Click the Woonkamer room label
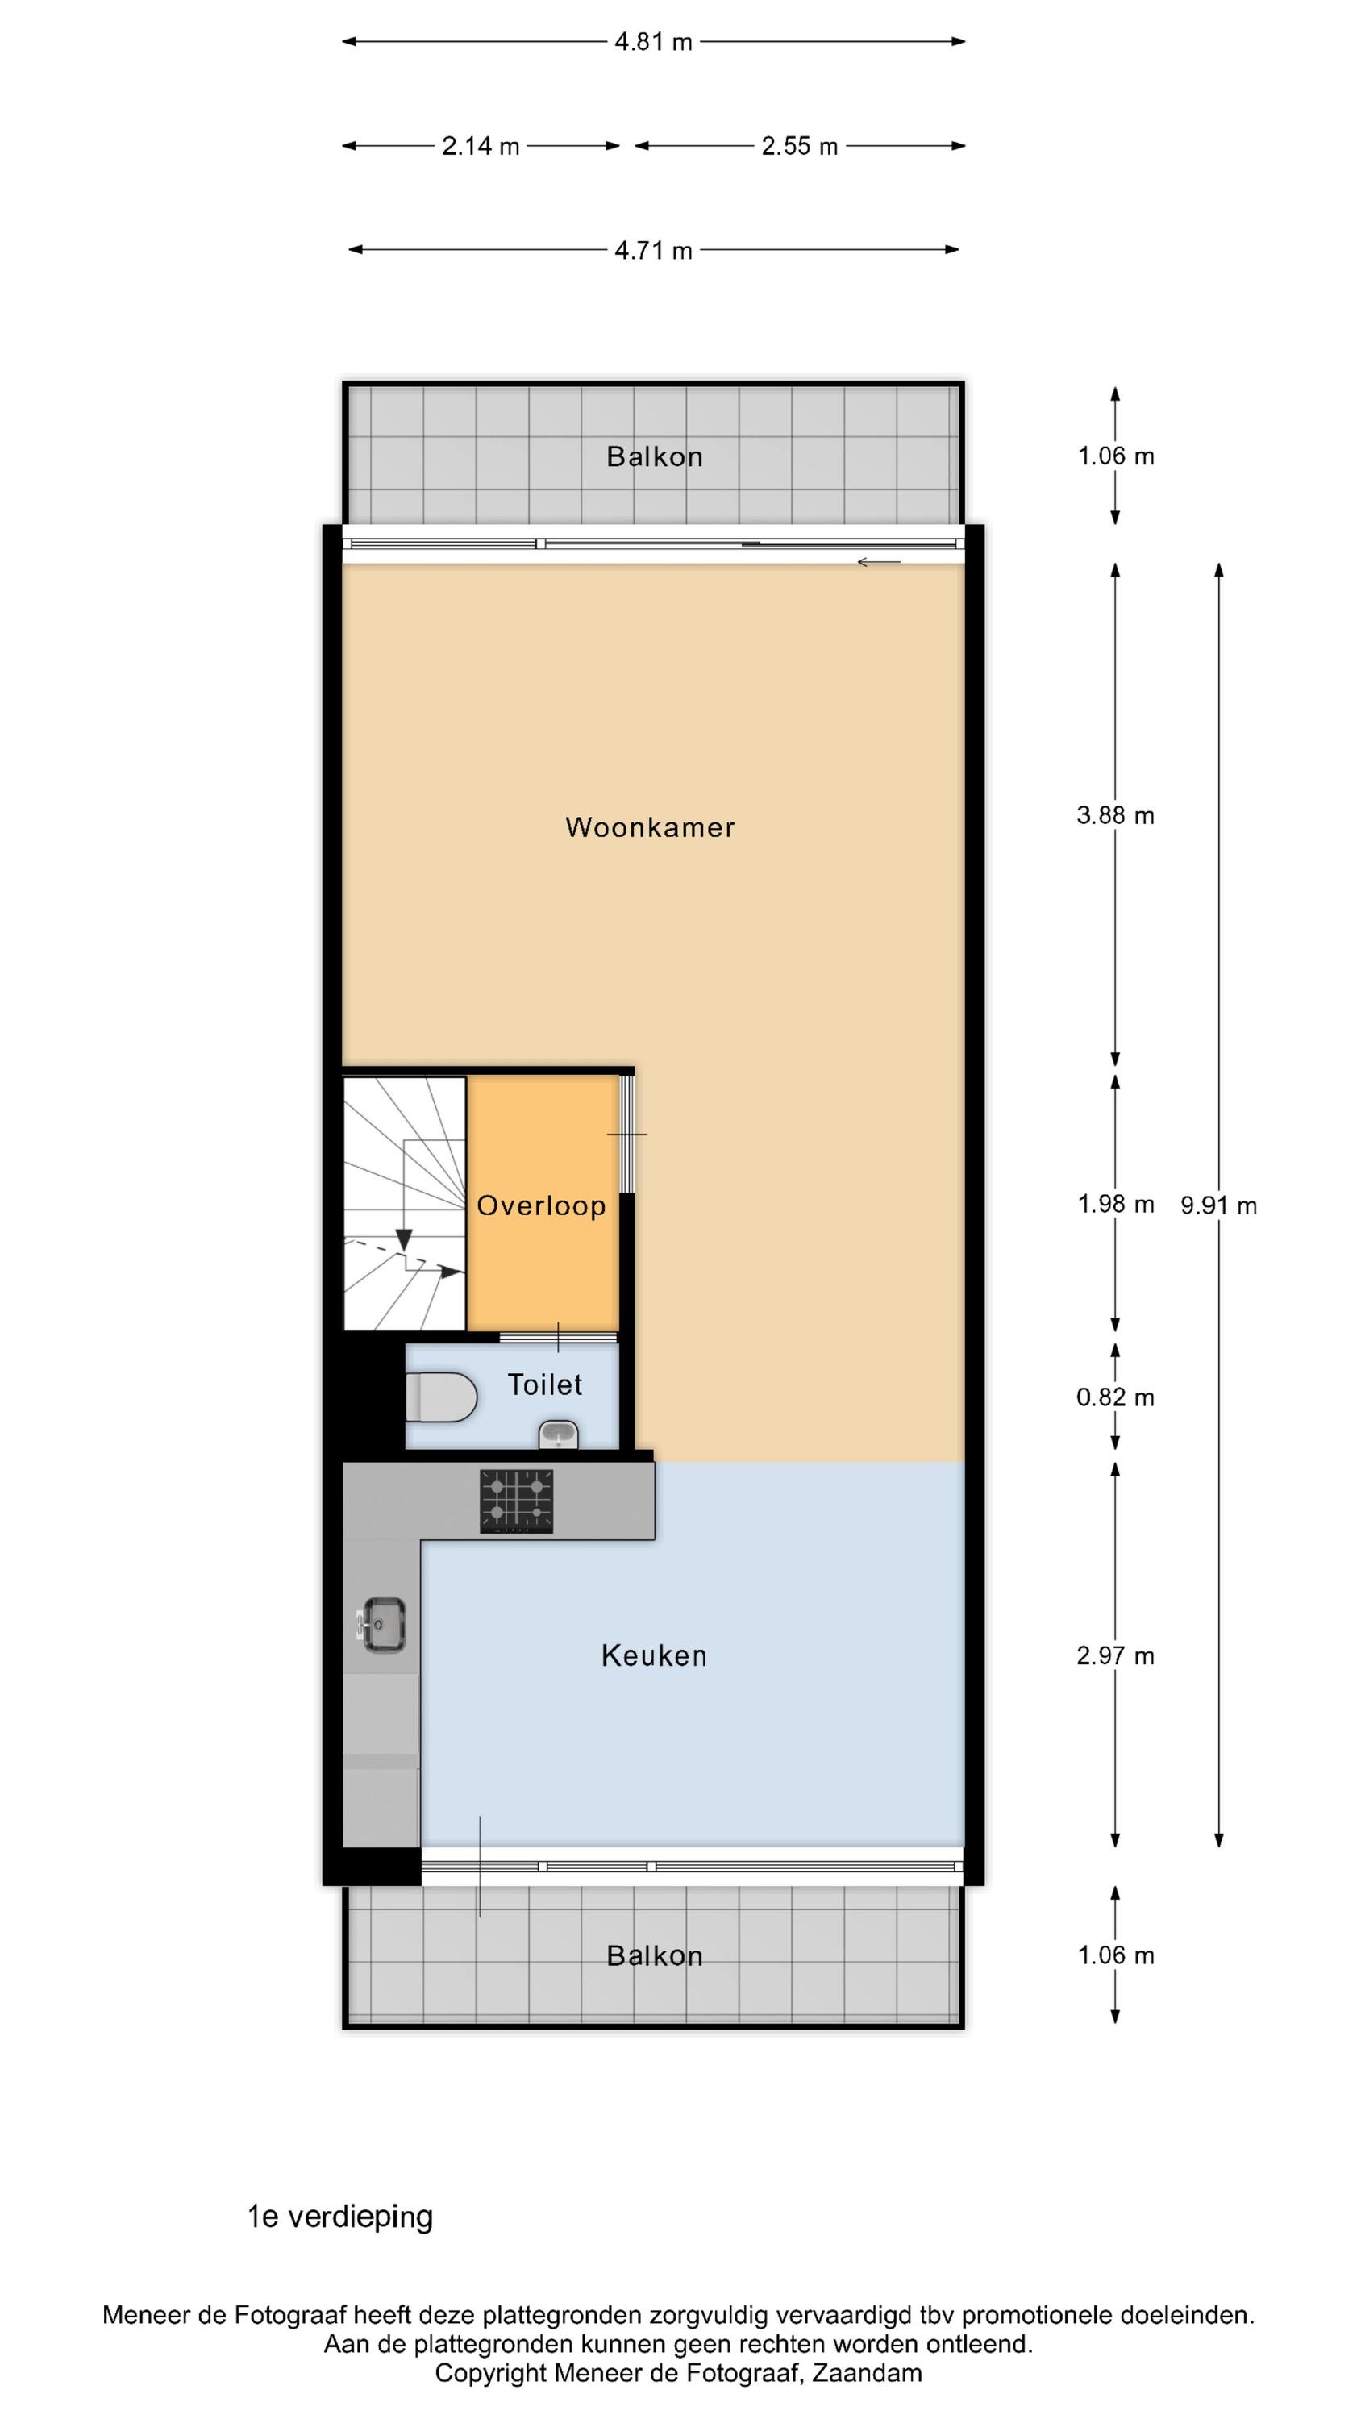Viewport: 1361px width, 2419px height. pyautogui.click(x=650, y=827)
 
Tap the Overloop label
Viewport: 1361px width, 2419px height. pyautogui.click(x=541, y=1205)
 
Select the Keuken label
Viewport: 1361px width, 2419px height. pyautogui.click(x=654, y=1655)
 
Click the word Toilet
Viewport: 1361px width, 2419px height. pyautogui.click(x=545, y=1384)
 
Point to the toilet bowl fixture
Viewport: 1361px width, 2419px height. pyautogui.click(x=442, y=1397)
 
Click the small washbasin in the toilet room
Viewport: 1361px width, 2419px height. pyautogui.click(x=558, y=1434)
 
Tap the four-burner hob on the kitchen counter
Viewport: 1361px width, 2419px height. pyautogui.click(x=517, y=1501)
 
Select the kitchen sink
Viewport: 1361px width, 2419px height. pyautogui.click(x=382, y=1625)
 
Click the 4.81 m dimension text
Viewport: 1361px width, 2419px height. pyautogui.click(x=654, y=42)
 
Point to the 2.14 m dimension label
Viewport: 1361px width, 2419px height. pyautogui.click(x=481, y=147)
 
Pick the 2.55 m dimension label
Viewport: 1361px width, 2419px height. pyautogui.click(x=799, y=147)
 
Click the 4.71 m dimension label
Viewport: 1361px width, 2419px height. pyautogui.click(x=654, y=251)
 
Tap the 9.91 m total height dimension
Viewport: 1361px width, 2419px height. pyautogui.click(x=1218, y=1205)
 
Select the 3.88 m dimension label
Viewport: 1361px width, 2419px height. pyautogui.click(x=1115, y=815)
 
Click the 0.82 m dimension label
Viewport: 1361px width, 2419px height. pyautogui.click(x=1115, y=1397)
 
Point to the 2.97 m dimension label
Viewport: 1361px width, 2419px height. pyautogui.click(x=1115, y=1655)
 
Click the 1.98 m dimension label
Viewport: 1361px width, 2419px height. pyautogui.click(x=1115, y=1204)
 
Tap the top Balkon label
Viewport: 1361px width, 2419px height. pyautogui.click(x=655, y=456)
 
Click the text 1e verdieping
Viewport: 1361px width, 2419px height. pyautogui.click(x=340, y=2217)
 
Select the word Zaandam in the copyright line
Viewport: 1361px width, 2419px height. pyautogui.click(x=867, y=2373)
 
